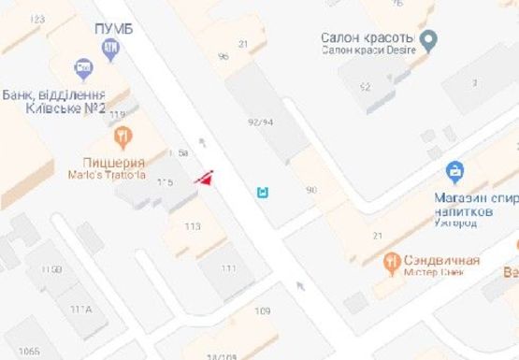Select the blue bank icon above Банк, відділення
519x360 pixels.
coord(83,68)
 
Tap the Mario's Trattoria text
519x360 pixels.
coord(108,174)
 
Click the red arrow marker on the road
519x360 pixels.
coord(204,178)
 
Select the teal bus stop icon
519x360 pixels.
coord(264,194)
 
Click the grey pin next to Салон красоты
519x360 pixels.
coord(429,39)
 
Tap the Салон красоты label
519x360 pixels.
coord(367,37)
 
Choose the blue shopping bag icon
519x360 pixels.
coord(454,171)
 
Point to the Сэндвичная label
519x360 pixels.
coord(442,259)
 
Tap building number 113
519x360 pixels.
coord(193,226)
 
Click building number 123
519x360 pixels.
coord(37,19)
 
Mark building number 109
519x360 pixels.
coord(262,310)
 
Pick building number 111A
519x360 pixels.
coord(79,310)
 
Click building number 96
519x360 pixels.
coord(223,57)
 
